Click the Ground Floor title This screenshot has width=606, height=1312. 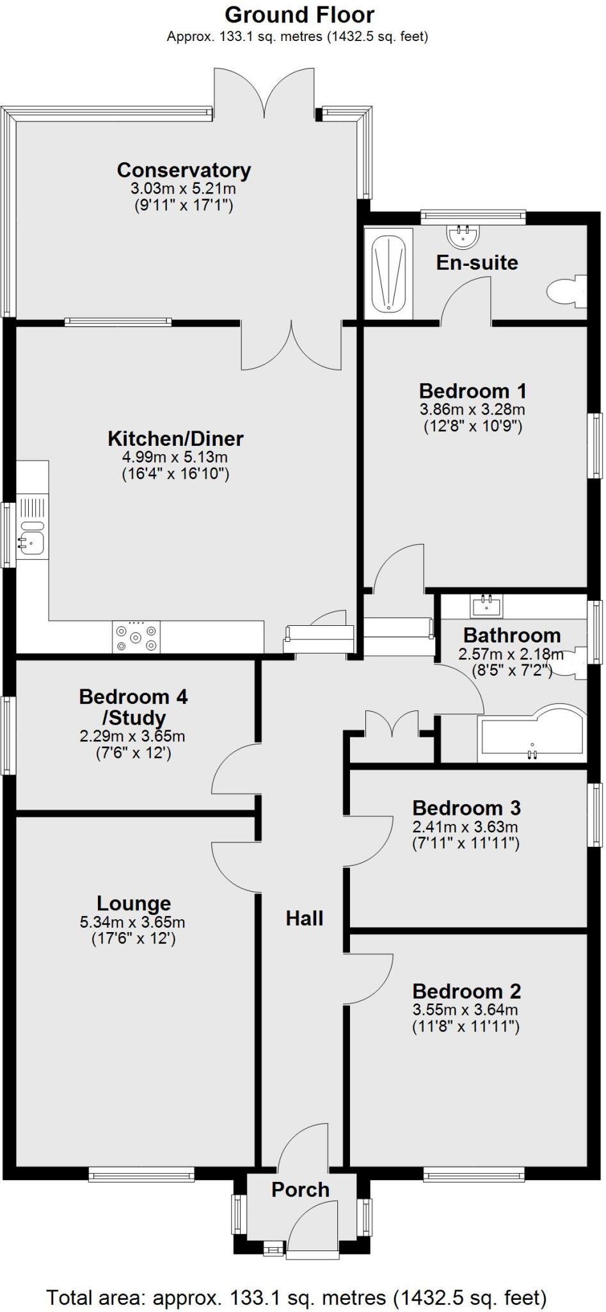[299, 15]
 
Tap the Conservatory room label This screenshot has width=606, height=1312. [184, 170]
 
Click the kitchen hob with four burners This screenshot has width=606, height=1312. [136, 637]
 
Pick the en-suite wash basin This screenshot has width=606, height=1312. [463, 235]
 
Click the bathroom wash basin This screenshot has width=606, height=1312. [487, 603]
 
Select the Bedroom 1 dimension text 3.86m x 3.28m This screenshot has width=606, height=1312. [472, 409]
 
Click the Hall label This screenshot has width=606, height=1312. [305, 918]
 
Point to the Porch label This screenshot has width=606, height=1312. [300, 1190]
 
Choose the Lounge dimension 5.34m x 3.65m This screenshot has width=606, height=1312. [132, 922]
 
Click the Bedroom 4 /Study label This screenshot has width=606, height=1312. [133, 707]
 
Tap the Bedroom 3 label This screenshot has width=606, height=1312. [466, 808]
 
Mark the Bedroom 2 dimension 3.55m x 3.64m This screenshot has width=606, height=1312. [465, 1010]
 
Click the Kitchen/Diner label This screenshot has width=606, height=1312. [175, 439]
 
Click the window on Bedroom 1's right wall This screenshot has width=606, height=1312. [596, 445]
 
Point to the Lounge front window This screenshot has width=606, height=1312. [141, 1174]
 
